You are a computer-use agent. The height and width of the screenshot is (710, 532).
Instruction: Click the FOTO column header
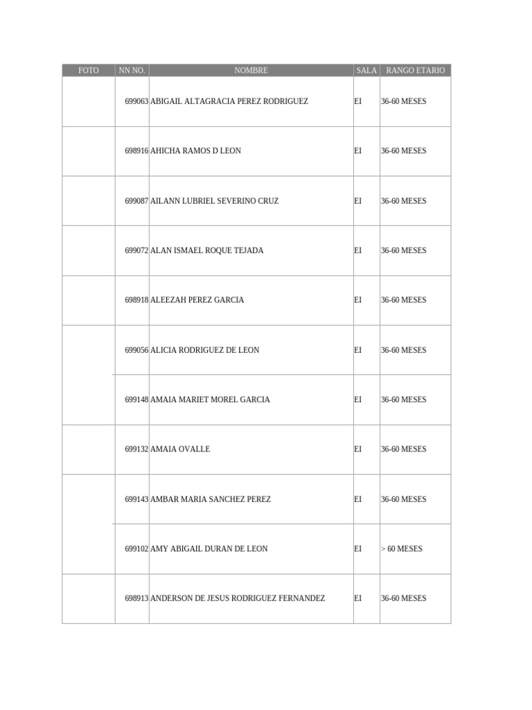[x=88, y=71]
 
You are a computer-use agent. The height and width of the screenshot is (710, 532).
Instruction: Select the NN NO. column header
[x=132, y=71]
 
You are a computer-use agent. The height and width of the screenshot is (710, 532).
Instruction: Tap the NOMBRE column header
[x=251, y=71]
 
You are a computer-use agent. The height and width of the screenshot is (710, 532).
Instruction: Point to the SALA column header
[x=366, y=71]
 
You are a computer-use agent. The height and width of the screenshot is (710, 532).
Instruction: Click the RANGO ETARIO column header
[x=415, y=71]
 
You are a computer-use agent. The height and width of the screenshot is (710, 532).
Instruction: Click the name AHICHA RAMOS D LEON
[x=196, y=151]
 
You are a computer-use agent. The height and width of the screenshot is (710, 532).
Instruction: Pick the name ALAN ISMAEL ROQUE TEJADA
[x=207, y=250]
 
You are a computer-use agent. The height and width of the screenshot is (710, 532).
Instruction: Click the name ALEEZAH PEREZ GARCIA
[x=197, y=300]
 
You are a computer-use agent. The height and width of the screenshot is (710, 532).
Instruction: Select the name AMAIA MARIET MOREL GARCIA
[x=211, y=399]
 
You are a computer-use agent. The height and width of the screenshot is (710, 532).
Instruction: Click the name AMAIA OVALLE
[x=180, y=449]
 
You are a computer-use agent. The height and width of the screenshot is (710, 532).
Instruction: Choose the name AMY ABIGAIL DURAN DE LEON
[x=209, y=548]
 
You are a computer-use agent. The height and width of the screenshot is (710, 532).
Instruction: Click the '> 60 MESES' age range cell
[x=402, y=548]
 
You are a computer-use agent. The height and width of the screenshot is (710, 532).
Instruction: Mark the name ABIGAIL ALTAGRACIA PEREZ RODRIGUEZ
[x=229, y=101]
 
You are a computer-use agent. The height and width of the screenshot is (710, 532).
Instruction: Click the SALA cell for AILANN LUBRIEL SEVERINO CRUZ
[x=358, y=201]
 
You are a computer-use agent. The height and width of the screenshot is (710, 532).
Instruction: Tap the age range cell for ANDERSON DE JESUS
[x=404, y=598]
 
